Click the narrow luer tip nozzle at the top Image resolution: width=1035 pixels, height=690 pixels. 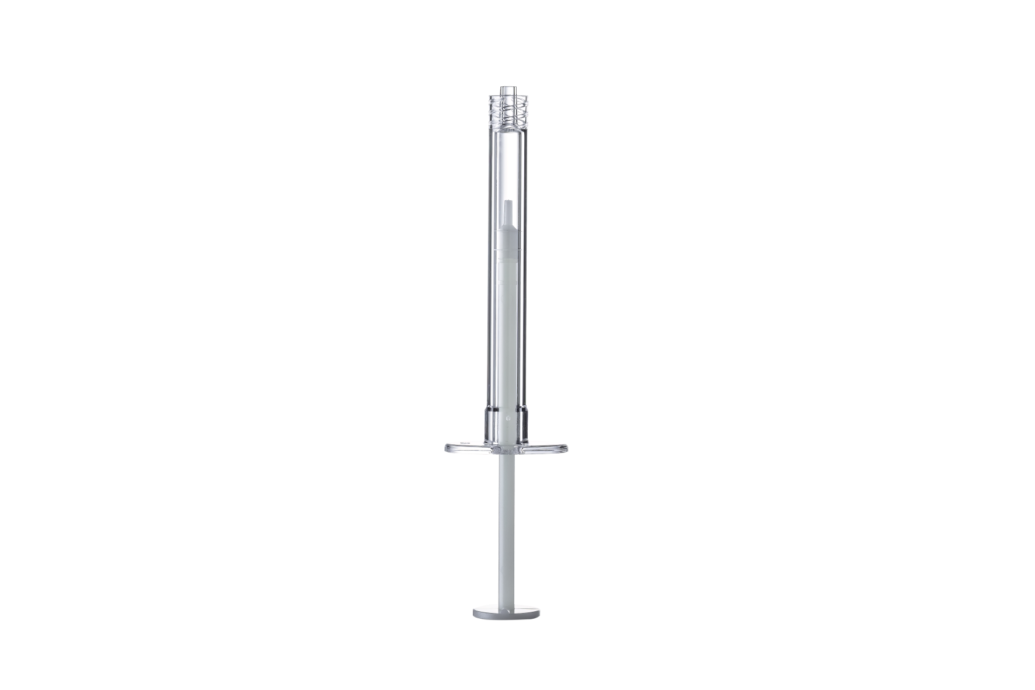tap(506, 94)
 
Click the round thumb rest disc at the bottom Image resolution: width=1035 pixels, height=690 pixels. tap(506, 613)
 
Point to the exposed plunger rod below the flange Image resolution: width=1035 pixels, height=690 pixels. tap(506, 525)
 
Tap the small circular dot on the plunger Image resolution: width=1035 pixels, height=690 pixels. tap(510, 418)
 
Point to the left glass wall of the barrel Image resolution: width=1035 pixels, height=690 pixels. tap(488, 263)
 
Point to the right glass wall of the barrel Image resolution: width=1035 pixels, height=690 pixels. tap(525, 263)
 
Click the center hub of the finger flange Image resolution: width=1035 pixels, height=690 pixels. tap(506, 449)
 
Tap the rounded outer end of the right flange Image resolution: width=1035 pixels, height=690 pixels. tap(565, 448)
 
